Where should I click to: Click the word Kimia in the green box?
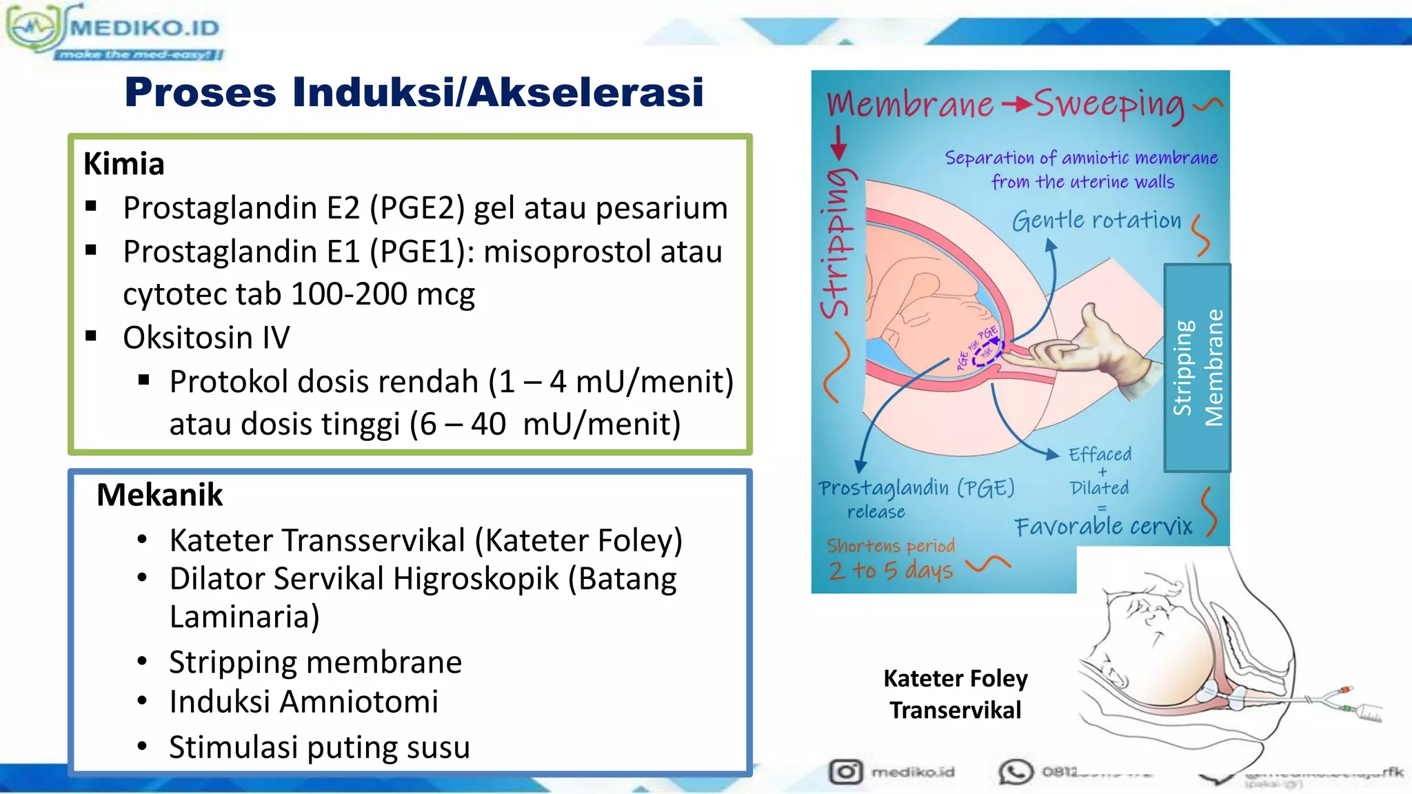(x=124, y=164)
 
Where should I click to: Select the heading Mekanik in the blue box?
(x=159, y=495)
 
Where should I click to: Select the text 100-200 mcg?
(x=383, y=294)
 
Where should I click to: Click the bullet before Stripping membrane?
(x=142, y=662)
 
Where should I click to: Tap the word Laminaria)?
(x=245, y=616)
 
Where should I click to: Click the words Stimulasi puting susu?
(x=319, y=747)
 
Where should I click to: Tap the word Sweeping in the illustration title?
(x=1109, y=104)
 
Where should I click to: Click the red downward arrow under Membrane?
(x=838, y=143)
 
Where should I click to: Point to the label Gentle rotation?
(x=1096, y=221)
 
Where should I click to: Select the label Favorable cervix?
(x=1103, y=527)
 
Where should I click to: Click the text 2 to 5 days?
(x=891, y=571)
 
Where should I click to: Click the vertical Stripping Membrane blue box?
(x=1197, y=367)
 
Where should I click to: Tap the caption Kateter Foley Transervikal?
(x=955, y=694)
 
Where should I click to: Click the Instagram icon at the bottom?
(x=845, y=771)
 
